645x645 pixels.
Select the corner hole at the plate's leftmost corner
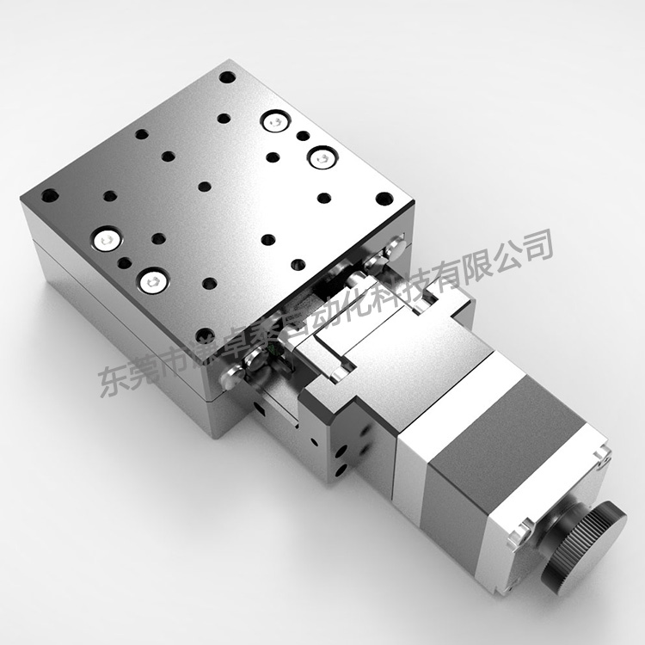pyautogui.click(x=50, y=195)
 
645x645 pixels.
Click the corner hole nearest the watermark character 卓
pyautogui.click(x=205, y=335)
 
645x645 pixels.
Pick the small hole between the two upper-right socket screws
pyautogui.click(x=302, y=136)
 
